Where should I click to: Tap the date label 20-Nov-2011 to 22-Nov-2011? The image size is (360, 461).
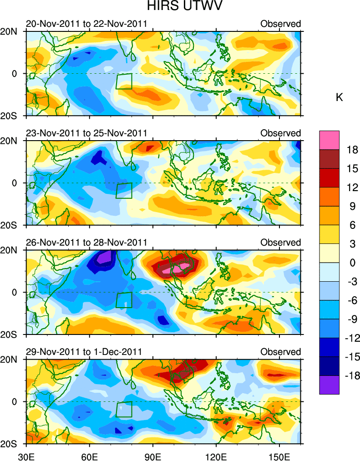86,24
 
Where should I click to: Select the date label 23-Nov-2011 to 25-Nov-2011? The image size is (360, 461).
86,133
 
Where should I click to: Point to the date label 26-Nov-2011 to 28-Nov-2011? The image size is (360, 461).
86,242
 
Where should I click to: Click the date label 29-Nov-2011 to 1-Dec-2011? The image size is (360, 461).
84,352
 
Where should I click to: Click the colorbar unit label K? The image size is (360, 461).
339,97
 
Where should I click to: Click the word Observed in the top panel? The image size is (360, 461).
281,24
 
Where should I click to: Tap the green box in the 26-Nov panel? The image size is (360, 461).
124,300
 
